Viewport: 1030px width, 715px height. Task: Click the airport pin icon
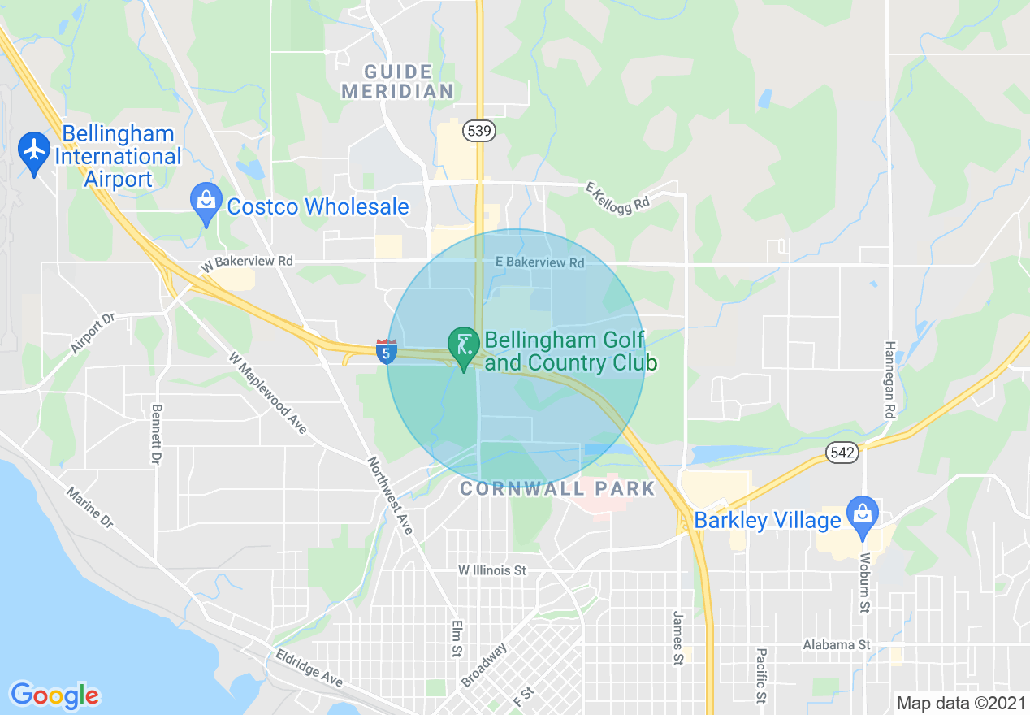pos(33,151)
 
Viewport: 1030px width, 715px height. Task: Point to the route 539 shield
pos(480,131)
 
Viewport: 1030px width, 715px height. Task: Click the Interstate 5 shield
pos(387,351)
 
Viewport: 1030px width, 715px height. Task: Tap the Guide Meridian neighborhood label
pos(396,81)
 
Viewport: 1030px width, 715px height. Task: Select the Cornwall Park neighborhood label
pos(557,488)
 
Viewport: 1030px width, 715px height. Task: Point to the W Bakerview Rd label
pos(248,262)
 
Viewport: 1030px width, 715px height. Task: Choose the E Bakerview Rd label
pos(540,262)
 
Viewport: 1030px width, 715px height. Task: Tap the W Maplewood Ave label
pos(267,392)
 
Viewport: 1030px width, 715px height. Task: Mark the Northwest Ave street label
pos(391,496)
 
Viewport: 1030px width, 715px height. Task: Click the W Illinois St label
pos(492,570)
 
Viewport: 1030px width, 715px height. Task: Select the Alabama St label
pos(836,644)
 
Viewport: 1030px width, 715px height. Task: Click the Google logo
pos(54,695)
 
